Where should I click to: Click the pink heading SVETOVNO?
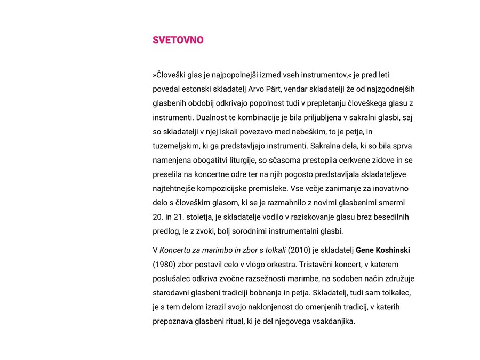pos(178,40)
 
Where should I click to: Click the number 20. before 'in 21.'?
pos(158,217)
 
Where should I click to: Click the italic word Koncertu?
pos(178,250)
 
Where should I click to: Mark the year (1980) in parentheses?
pos(163,265)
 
